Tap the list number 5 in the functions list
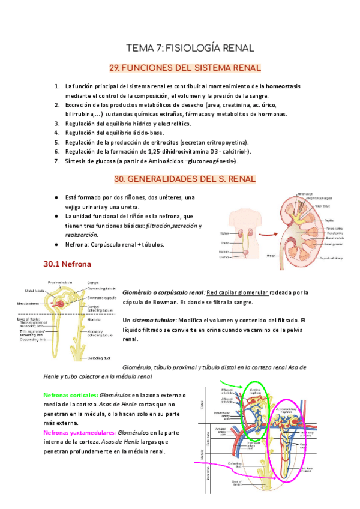pyautogui.click(x=56, y=142)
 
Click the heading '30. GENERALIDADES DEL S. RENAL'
pyautogui.click(x=185, y=179)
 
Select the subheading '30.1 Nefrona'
pyautogui.click(x=67, y=264)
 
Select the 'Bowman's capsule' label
pyautogui.click(x=101, y=298)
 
